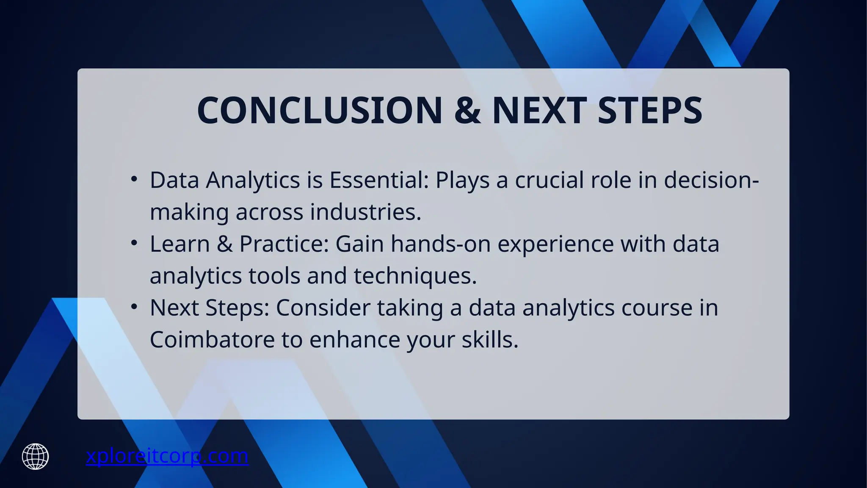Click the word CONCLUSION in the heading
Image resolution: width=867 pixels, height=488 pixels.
point(320,111)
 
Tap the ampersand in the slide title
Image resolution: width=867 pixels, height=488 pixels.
point(467,111)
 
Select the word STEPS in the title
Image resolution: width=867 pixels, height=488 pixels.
point(650,111)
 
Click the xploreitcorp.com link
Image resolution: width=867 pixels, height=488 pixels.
point(167,456)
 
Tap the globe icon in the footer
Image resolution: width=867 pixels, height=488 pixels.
point(36,457)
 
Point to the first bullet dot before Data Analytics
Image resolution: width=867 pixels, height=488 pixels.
point(134,179)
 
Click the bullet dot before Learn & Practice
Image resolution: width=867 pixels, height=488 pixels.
point(134,243)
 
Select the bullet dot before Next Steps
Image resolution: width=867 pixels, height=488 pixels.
point(134,307)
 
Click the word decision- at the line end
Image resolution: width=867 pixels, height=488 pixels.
point(711,180)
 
